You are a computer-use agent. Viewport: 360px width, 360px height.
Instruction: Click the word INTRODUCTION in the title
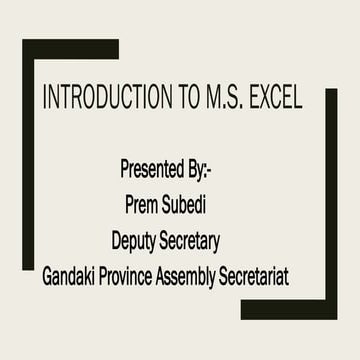pos(92,99)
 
